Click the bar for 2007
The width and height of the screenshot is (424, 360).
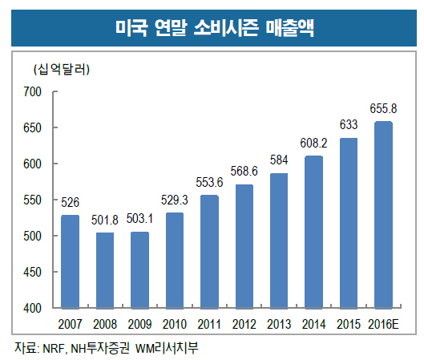point(70,261)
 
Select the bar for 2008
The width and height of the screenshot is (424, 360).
point(105,270)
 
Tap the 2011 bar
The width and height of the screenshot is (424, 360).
point(209,252)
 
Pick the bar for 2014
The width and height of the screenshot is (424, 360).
point(313,232)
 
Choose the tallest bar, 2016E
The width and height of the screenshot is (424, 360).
point(383,215)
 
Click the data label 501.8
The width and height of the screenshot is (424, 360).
point(105,220)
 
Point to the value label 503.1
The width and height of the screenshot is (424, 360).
point(139,219)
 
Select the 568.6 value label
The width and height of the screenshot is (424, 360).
point(244,172)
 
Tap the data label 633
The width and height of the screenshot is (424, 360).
point(349,125)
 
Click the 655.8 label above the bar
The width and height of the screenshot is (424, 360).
point(383,109)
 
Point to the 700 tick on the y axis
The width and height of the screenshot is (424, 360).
point(32,91)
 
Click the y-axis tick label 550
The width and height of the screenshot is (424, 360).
point(32,200)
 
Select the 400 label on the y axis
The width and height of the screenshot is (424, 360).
point(32,308)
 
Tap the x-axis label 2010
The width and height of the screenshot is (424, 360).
point(175,324)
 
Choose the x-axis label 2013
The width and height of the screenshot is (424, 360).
point(279,324)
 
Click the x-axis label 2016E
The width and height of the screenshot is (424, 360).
point(383,324)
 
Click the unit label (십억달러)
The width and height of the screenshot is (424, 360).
point(62,70)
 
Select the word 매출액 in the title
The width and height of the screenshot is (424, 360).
point(289,27)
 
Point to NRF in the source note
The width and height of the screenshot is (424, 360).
point(54,349)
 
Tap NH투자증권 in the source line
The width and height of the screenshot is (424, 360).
point(100,348)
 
